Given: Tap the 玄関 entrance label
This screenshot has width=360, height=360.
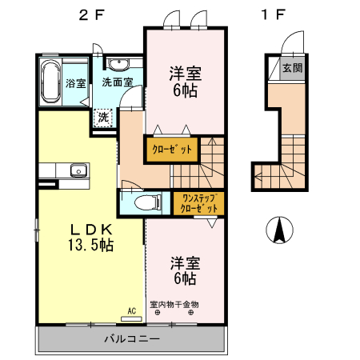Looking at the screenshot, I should tap(293, 69).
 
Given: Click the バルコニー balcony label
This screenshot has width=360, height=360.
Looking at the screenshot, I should tap(132, 339).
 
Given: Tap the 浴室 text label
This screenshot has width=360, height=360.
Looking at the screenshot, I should tap(75, 83).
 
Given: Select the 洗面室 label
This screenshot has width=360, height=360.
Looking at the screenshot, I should tap(117, 82).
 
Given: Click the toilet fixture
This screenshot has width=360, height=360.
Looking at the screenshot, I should tap(143, 202).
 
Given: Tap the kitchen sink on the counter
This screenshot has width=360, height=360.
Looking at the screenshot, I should tap(78, 170).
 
